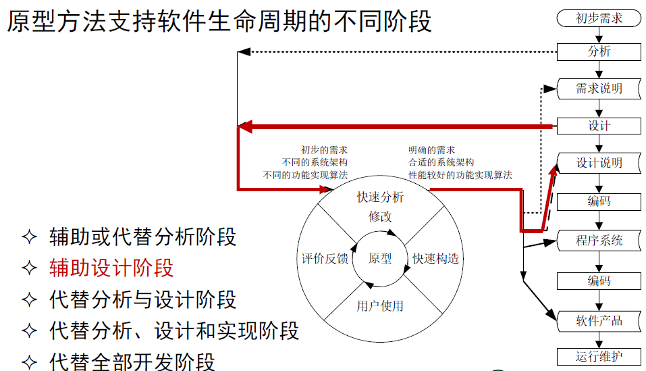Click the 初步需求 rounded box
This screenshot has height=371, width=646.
coord(599,18)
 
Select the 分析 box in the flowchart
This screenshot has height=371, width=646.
coord(599,51)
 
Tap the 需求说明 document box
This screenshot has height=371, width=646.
coord(599,89)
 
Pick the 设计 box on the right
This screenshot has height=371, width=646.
coord(599,126)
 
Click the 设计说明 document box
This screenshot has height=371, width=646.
coord(599,163)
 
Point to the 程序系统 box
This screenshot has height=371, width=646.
coord(599,240)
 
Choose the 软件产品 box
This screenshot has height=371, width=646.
coord(599,320)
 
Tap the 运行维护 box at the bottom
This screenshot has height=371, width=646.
coord(599,357)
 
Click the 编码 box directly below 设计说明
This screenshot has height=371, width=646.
coord(599,201)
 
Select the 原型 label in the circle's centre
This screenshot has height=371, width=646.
coord(380,258)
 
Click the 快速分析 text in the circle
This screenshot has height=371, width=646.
coord(380,197)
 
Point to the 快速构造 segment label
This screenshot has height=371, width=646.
coord(435,258)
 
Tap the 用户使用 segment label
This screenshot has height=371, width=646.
coord(380,305)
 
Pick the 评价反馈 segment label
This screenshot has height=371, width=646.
coord(325,258)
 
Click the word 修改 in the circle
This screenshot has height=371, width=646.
coord(380,216)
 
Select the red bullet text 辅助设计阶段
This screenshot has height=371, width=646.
coord(111,268)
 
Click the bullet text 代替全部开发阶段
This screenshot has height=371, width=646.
coord(132,361)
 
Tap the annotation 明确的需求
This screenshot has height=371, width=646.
coord(431,150)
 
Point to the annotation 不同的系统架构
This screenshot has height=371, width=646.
coord(315,162)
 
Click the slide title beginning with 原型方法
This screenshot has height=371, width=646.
coord(219,22)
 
